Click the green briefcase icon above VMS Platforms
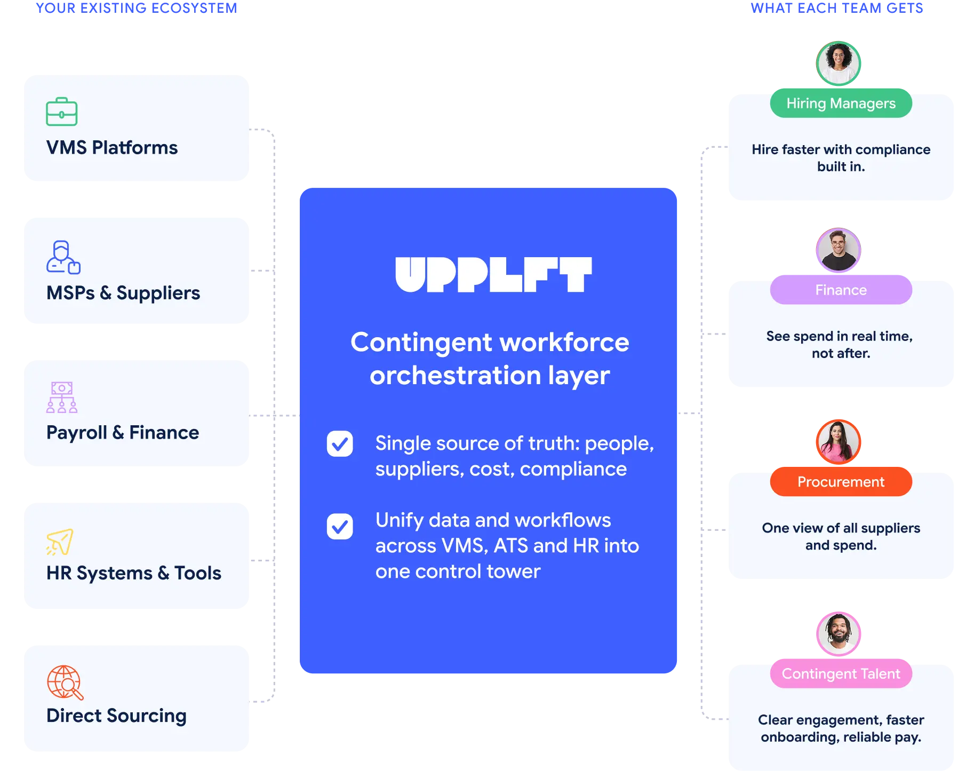tap(62, 112)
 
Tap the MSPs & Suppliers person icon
tap(63, 257)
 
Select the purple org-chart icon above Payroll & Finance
tap(62, 398)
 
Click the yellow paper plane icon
tap(60, 542)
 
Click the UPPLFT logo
tap(493, 275)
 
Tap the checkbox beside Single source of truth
tap(340, 444)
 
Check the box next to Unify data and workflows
tap(340, 527)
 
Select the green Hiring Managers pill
tap(841, 104)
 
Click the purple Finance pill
tap(841, 290)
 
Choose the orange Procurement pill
tap(841, 482)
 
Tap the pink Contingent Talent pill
tap(841, 674)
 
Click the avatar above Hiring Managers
tap(839, 63)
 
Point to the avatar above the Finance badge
tap(839, 250)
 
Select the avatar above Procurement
tap(839, 442)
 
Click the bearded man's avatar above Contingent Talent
tap(839, 633)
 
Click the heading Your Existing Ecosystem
tap(137, 7)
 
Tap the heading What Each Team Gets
tap(837, 7)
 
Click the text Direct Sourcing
tap(116, 716)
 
